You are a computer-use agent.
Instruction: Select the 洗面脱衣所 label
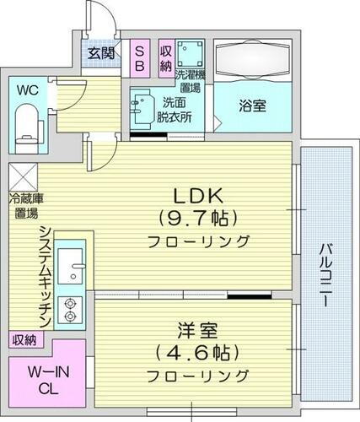(x=175, y=111)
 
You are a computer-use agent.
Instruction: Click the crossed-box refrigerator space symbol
(x=22, y=178)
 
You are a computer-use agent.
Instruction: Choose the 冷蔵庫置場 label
(x=26, y=205)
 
